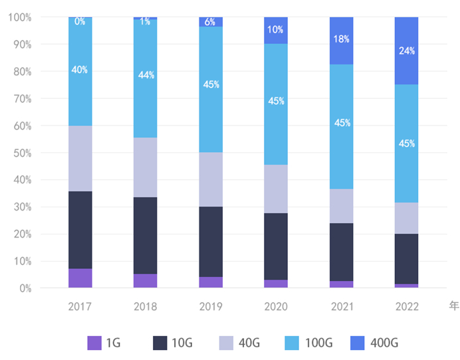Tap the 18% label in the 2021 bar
pos(342,39)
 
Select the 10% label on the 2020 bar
pos(276,30)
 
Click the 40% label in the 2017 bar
pos(80,70)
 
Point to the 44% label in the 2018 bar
pos(146,75)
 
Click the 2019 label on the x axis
pos(211,306)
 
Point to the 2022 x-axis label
pos(407,306)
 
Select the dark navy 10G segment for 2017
pos(80,230)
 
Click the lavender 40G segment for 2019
pos(211,179)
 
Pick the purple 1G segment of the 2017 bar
pos(80,278)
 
